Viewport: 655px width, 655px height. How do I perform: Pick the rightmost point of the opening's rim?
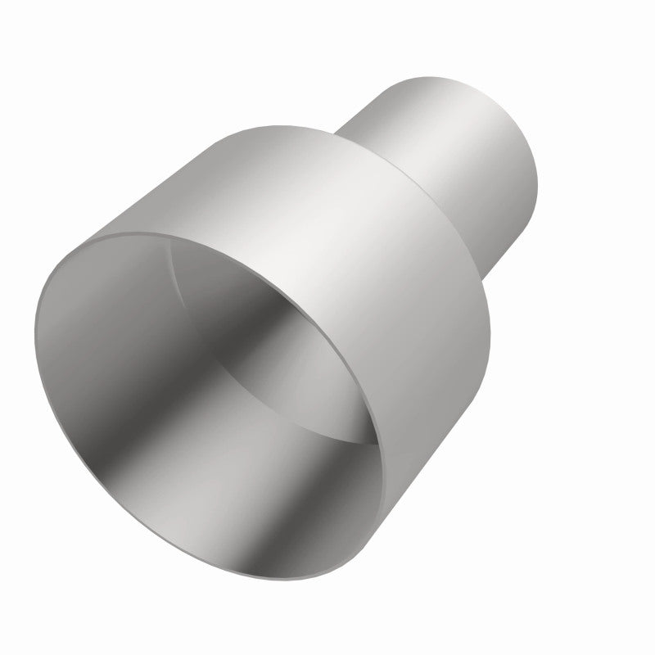coord(382,458)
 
